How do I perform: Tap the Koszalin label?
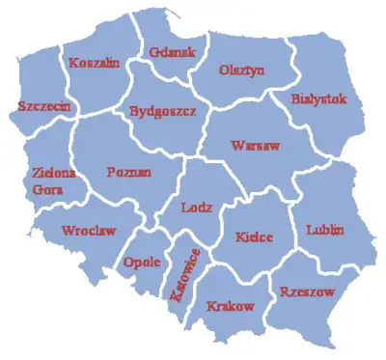[x=94, y=63]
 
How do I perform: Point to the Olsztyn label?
[x=241, y=69]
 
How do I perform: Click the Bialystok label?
[x=319, y=98]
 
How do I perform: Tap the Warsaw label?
[x=255, y=146]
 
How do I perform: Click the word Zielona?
[x=44, y=173]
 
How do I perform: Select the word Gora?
[x=43, y=189]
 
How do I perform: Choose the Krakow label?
[x=231, y=306]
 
